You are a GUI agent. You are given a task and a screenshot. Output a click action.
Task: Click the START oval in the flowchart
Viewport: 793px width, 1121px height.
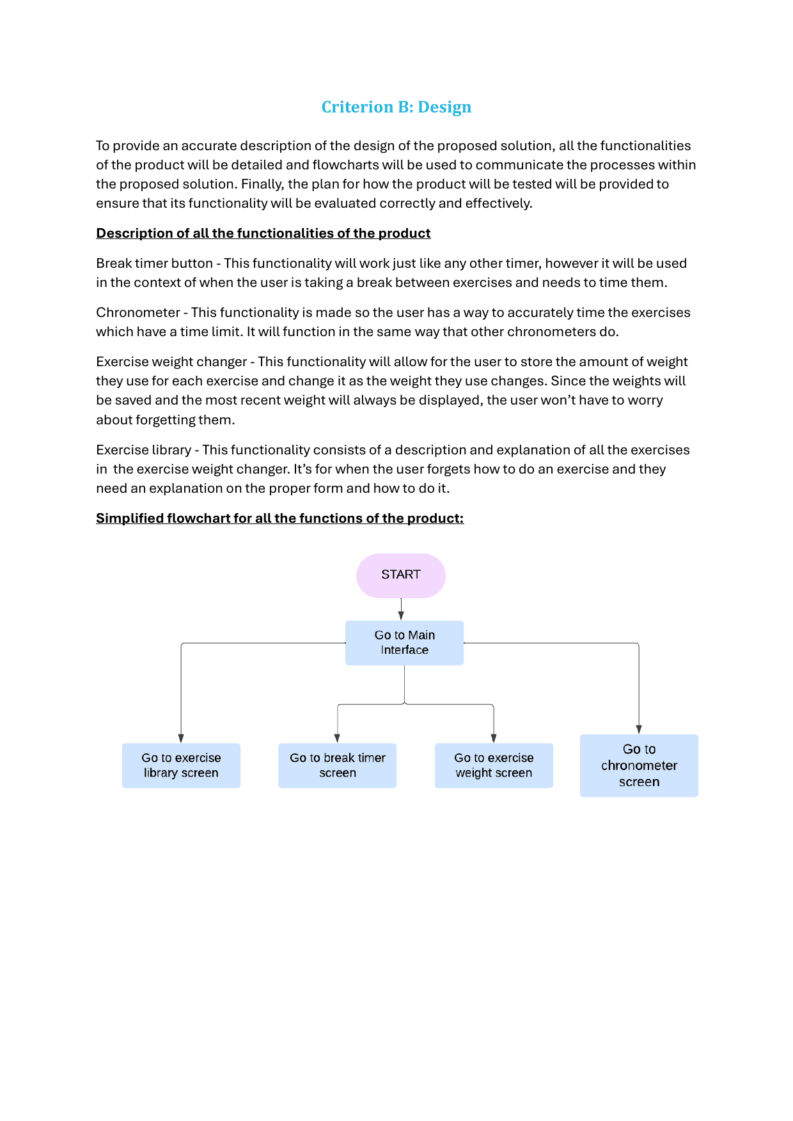400,575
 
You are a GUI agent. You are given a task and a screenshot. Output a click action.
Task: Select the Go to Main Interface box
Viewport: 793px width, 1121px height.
404,643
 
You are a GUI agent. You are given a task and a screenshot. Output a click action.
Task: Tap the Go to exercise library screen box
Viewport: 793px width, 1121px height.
181,766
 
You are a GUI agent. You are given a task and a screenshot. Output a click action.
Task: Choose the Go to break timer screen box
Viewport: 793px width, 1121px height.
337,766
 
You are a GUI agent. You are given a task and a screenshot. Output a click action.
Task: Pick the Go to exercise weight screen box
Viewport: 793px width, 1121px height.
494,766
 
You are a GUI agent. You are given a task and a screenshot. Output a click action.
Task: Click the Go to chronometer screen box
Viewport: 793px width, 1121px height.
639,766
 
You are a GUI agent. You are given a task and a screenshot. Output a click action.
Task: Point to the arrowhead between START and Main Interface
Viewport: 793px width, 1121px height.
401,615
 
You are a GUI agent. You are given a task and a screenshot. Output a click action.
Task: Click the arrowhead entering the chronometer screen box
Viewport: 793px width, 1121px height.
639,729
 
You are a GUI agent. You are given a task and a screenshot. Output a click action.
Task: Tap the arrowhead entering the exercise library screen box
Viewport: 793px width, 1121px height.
181,738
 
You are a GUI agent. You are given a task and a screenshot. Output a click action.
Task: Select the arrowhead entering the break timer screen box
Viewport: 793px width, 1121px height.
337,738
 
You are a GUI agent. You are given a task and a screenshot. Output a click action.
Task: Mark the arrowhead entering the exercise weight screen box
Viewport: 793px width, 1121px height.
494,738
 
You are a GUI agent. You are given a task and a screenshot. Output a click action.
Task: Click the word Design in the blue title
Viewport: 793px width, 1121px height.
444,107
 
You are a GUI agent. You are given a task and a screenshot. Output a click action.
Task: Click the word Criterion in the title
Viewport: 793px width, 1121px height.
357,107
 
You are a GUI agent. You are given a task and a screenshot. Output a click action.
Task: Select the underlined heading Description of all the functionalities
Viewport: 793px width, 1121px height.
263,233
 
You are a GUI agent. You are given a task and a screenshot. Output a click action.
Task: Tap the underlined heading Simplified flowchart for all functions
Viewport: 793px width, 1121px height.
279,518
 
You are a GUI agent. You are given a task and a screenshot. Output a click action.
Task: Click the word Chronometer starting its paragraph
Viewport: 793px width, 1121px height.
138,313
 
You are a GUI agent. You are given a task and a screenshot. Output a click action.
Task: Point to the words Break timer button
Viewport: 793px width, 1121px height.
154,263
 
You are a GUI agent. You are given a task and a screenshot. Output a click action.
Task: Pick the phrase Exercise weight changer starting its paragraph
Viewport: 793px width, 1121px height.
171,362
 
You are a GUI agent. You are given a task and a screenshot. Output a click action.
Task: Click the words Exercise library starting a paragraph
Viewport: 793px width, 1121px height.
143,450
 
